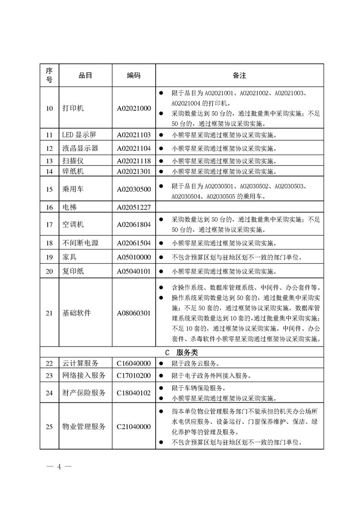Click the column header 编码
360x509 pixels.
(133, 75)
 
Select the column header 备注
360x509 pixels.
(239, 75)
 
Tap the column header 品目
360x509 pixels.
(85, 75)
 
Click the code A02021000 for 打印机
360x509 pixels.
(133, 108)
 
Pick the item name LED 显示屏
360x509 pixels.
(79, 135)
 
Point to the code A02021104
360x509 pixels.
(133, 148)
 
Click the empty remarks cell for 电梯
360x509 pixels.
(239, 207)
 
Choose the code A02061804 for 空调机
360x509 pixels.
(133, 225)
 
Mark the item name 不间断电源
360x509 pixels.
(80, 243)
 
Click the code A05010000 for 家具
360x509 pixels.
(133, 257)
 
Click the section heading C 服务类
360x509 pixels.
(181, 352)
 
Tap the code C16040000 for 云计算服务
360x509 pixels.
(133, 363)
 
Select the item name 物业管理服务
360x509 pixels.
(84, 426)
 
